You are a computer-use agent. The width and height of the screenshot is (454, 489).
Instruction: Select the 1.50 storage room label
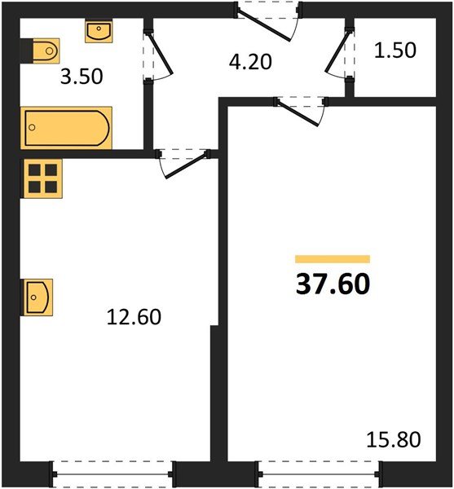394,51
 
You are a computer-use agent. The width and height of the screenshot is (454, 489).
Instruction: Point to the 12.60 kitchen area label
134,315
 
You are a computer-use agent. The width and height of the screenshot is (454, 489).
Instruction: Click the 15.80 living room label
394,442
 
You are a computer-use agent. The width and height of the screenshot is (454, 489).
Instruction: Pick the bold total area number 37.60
332,284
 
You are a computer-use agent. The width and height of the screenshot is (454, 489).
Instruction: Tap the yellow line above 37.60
332,259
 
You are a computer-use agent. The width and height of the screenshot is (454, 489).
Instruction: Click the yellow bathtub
65,128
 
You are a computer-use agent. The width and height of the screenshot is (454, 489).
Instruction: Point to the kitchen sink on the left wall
38,297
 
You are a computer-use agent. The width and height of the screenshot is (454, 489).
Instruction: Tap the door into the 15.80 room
302,110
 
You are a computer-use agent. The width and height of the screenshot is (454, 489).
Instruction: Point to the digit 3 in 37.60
303,284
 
